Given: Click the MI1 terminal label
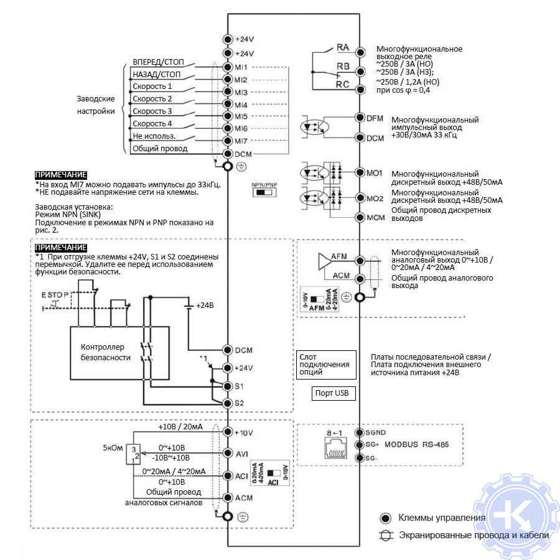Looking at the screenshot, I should (x=241, y=67).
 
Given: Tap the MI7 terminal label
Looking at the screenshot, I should (x=241, y=141).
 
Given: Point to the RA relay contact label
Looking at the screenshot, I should (x=343, y=47).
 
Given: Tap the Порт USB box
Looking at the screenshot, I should (x=332, y=393).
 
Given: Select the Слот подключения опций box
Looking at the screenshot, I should (x=327, y=364).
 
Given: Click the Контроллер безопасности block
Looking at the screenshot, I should (x=106, y=352).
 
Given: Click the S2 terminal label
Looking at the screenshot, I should (x=240, y=403).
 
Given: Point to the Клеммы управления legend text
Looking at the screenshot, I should (x=441, y=518).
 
